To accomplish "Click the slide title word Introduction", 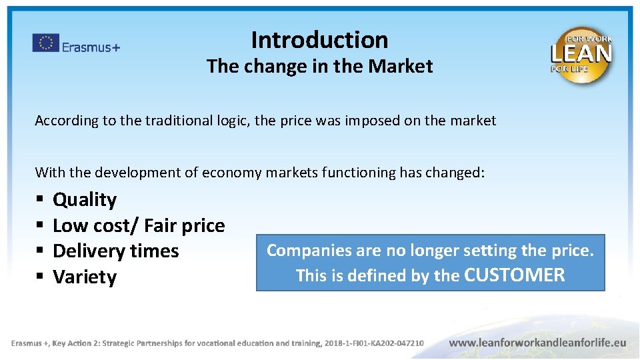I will click(x=319, y=40).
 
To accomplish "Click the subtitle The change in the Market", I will click(x=319, y=67).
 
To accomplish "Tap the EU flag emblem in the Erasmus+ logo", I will click(x=46, y=43).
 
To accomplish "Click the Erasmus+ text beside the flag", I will click(x=91, y=47).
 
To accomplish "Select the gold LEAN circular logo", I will click(x=581, y=55).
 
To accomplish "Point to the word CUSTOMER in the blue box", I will click(x=514, y=275).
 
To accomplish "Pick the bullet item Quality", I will click(x=85, y=199).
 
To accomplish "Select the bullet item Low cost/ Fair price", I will click(x=139, y=225).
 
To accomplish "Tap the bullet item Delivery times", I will click(x=116, y=251).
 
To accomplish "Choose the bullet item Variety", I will click(x=85, y=277).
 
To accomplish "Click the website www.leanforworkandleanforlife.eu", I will click(x=537, y=342).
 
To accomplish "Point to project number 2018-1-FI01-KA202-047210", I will click(x=374, y=343).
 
